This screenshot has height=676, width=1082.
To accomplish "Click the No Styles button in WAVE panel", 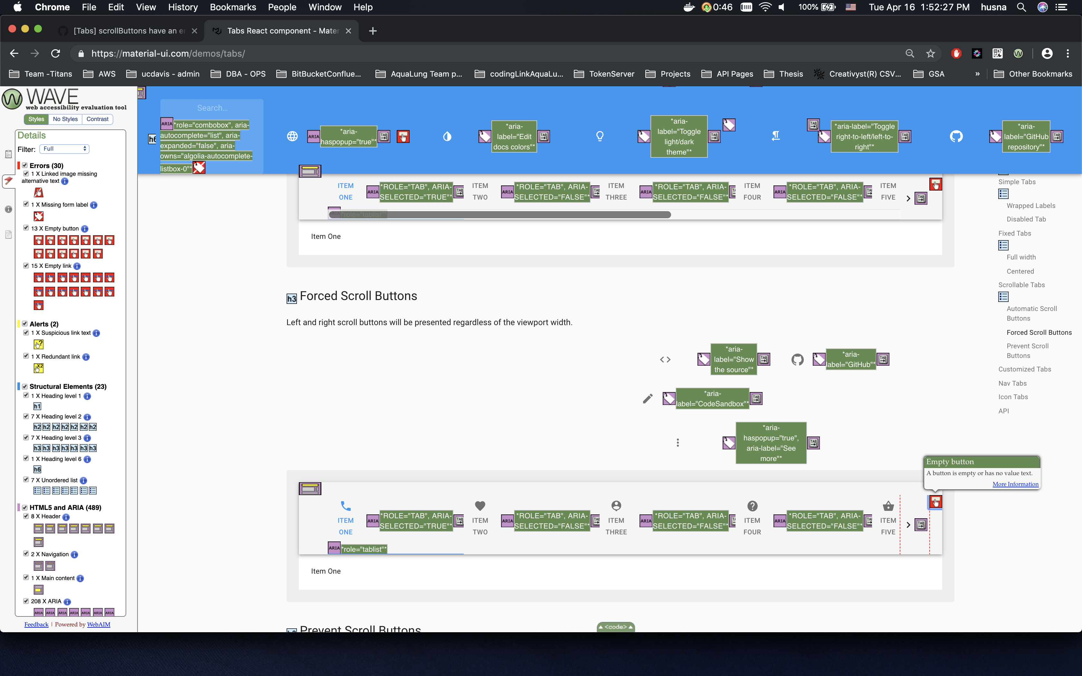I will [x=65, y=119].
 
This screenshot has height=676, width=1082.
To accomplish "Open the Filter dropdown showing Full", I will [x=64, y=149].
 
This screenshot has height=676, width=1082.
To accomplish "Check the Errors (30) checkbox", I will [x=25, y=165].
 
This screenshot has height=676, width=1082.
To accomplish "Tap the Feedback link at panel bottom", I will [x=36, y=624].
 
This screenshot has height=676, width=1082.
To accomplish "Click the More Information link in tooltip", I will [x=1015, y=484].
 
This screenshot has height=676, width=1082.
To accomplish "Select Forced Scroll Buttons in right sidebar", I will [x=1039, y=332].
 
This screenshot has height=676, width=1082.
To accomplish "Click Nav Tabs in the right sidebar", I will [x=1012, y=383].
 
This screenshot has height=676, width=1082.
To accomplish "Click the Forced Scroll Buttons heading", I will [x=358, y=296].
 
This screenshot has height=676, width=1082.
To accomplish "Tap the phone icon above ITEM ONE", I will [x=346, y=506].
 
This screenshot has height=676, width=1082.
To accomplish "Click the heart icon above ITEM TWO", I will [x=480, y=506].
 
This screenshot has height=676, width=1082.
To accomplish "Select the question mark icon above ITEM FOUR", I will [x=752, y=506].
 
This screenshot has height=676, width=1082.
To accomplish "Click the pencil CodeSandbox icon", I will [x=647, y=399].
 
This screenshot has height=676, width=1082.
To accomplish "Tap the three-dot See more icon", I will [x=678, y=443].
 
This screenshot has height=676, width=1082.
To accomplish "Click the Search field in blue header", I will [x=212, y=108].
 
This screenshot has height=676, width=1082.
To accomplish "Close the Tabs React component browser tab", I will [x=348, y=31].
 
